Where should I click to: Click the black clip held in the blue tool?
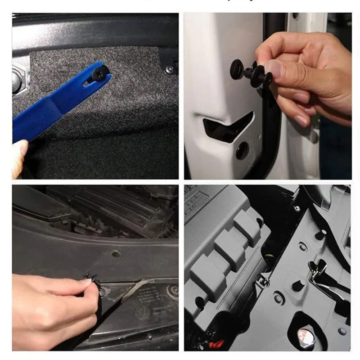point(98,72)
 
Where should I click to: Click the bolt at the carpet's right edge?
point(170,70)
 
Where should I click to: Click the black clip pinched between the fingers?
point(252,72)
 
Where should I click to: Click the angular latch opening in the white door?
point(227,127)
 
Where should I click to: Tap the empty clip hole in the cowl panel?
point(116,254)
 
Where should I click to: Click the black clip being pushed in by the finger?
point(90,277)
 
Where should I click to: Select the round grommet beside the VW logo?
point(171,291)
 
